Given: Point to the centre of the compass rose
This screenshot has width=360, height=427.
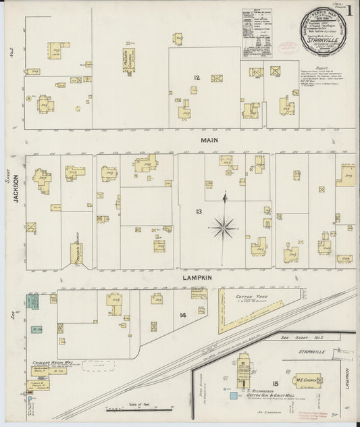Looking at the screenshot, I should (x=223, y=226).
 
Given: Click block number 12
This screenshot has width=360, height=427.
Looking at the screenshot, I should (x=196, y=78).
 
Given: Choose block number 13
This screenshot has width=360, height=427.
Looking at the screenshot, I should (x=199, y=211).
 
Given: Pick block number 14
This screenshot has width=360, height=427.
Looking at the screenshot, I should (x=182, y=315).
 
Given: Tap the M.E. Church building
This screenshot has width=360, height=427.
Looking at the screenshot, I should (x=307, y=380).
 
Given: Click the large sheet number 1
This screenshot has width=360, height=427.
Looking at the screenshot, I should (x=352, y=11).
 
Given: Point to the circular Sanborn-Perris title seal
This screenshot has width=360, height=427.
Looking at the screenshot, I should (x=323, y=31).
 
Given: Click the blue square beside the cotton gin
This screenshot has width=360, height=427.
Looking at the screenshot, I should (x=234, y=395).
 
